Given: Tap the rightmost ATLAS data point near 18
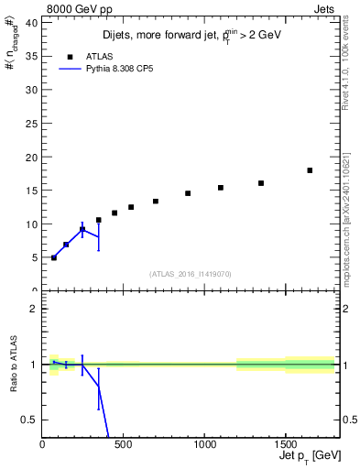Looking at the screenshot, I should pos(310,170).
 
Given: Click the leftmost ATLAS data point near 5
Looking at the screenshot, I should pos(54,257).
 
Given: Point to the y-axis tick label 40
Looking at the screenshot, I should pos(32,23).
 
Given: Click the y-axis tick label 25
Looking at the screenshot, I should pos(32,124).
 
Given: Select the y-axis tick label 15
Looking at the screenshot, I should pos(32,191).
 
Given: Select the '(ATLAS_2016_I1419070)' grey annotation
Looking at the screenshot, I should pos(191,274).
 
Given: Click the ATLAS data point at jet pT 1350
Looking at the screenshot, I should pos(261,183).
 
